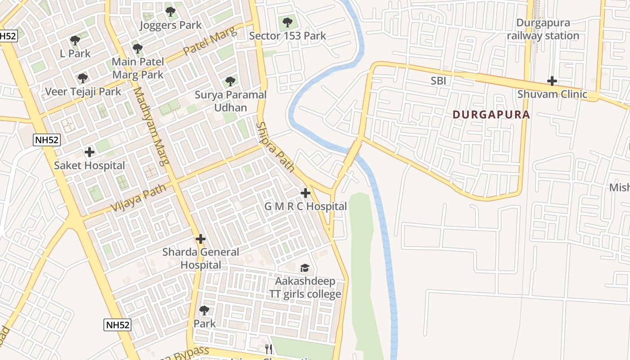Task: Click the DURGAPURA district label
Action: coord(491,114)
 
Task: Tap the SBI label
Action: coord(439,81)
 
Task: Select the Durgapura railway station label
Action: coord(543,29)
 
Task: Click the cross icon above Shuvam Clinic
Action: coord(552,81)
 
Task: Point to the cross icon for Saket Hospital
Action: coord(90,152)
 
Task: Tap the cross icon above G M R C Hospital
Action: coord(306,193)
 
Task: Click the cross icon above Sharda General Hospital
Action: coord(201,239)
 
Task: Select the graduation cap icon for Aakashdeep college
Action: coord(305,268)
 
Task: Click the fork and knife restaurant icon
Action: coord(269,349)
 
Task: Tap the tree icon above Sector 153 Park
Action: coord(287,22)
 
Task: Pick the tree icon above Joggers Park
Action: coord(170,11)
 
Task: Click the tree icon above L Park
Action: coord(75,40)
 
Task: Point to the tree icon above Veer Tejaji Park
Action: coord(83,78)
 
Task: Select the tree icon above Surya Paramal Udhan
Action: coord(230,81)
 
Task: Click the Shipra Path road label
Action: coord(275,147)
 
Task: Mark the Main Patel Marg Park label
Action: coord(138,68)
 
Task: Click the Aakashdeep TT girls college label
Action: coord(305,288)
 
